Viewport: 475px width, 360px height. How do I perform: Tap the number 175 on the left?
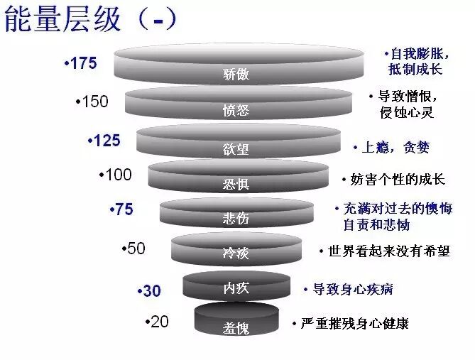(x=81, y=63)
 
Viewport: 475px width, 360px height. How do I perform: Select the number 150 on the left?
(x=93, y=102)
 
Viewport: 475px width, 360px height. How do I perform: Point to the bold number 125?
(x=104, y=141)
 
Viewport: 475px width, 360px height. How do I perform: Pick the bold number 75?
(x=121, y=209)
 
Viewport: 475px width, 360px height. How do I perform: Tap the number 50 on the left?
(x=133, y=248)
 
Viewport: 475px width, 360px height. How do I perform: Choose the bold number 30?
(x=150, y=290)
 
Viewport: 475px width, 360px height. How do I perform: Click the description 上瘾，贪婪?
(x=394, y=148)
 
